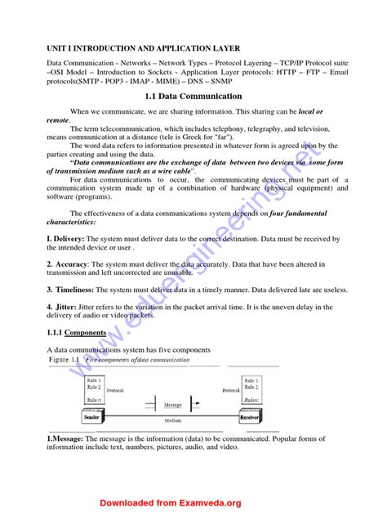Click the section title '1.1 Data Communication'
click(193, 96)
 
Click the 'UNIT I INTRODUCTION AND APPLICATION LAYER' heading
click(143, 48)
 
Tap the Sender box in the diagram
click(91, 417)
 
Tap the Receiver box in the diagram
click(249, 417)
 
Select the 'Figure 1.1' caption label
click(65, 360)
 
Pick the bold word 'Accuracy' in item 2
click(72, 264)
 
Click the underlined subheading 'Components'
click(85, 333)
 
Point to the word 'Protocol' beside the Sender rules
click(114, 391)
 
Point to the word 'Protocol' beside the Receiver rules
click(232, 391)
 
